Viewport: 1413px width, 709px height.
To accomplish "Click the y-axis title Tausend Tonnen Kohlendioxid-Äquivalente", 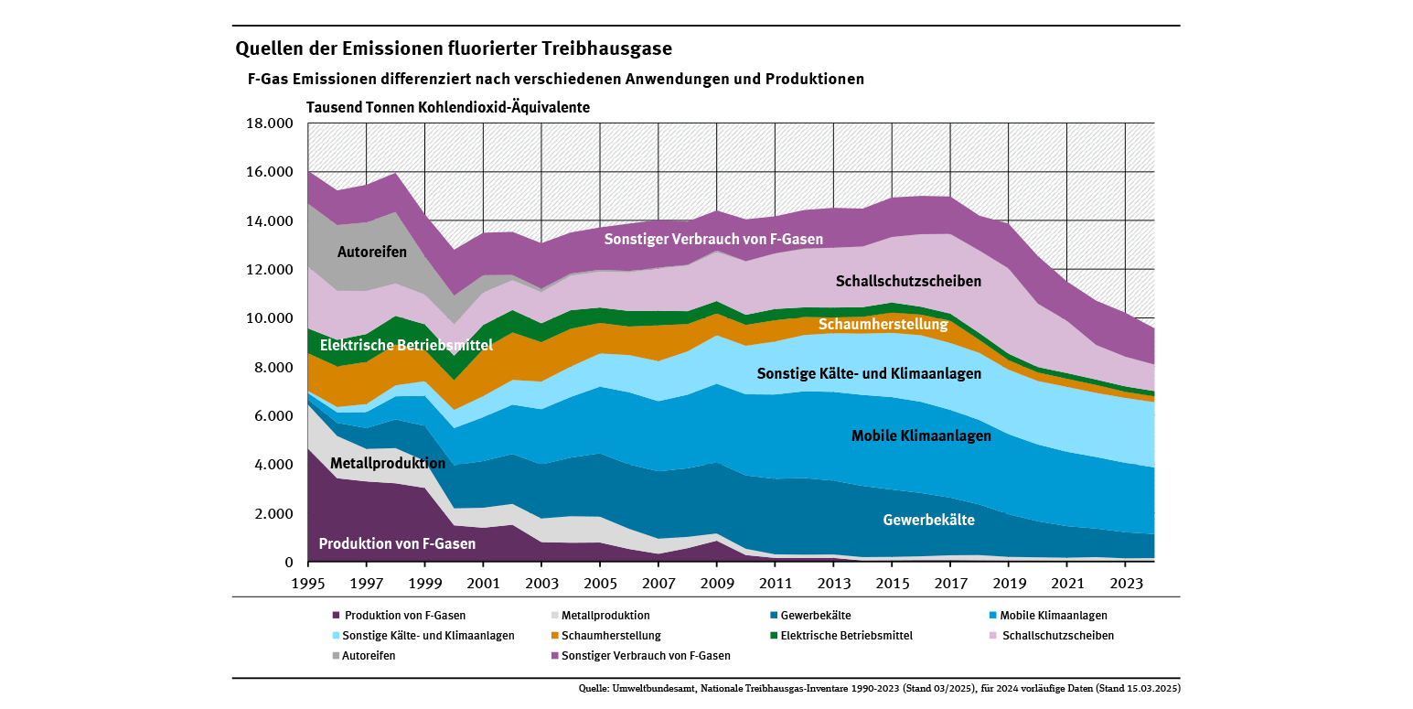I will [x=448, y=107].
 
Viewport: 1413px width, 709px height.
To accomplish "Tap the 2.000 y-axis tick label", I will [x=272, y=513].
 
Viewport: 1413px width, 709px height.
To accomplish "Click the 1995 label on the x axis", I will [x=307, y=582].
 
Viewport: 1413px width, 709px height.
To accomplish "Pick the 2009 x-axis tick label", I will [x=716, y=582].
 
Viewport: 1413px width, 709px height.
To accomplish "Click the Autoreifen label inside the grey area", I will [x=372, y=252].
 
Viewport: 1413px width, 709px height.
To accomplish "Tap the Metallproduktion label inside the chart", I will [x=388, y=463].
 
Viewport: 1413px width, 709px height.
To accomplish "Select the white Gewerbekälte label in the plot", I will [x=928, y=520].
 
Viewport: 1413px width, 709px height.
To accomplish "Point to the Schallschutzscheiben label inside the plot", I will [x=908, y=282].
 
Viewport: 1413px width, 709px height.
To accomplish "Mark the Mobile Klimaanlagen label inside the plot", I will [x=921, y=436].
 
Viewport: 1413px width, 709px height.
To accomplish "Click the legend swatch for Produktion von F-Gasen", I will [x=337, y=616].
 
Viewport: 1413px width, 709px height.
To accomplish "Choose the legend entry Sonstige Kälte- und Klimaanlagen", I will [x=428, y=635].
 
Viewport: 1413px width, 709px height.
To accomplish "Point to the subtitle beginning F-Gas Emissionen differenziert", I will [x=556, y=79].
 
